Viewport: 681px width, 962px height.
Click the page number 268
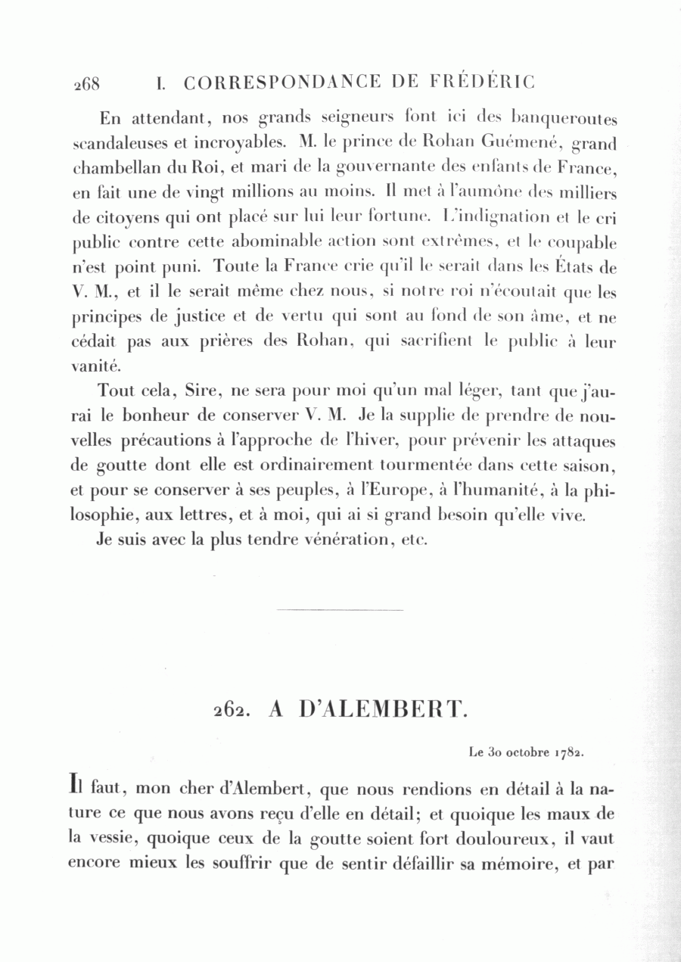click(86, 83)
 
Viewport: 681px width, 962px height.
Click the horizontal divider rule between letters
click(340, 609)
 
